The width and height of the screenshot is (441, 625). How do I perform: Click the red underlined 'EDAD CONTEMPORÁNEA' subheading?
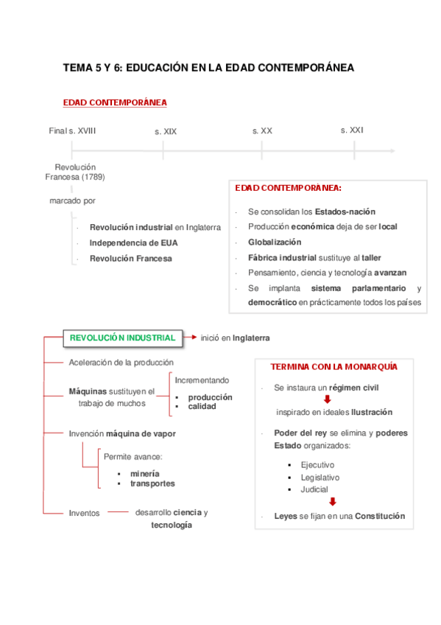pos(115,102)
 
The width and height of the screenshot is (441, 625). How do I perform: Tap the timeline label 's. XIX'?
pos(166,131)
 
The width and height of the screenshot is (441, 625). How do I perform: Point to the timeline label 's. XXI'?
pos(352,130)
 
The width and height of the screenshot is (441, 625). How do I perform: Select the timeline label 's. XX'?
pos(262,130)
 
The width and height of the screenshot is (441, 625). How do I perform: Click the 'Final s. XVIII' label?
pos(72,130)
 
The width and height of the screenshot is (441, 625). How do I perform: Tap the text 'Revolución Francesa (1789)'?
pos(75,172)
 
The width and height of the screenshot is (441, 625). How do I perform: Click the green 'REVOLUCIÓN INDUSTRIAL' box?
pos(122,338)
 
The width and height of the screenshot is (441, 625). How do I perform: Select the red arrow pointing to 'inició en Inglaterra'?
pos(189,338)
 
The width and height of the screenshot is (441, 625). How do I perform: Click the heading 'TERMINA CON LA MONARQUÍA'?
pos(334,366)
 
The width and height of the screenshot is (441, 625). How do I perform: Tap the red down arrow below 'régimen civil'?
pos(328,399)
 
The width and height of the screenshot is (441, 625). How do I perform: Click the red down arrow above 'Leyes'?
pos(332,502)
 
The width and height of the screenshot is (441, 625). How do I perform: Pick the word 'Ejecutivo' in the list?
pos(317,465)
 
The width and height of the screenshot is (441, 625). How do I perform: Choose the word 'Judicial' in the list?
pos(314,489)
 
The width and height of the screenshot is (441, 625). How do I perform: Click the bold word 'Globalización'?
pos(275,242)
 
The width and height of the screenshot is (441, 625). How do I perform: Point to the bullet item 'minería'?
pos(144,472)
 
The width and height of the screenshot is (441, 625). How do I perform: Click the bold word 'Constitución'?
pos(380,517)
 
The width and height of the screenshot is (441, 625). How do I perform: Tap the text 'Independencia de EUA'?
pos(133,242)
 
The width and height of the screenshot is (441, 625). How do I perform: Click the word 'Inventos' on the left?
pos(84,513)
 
